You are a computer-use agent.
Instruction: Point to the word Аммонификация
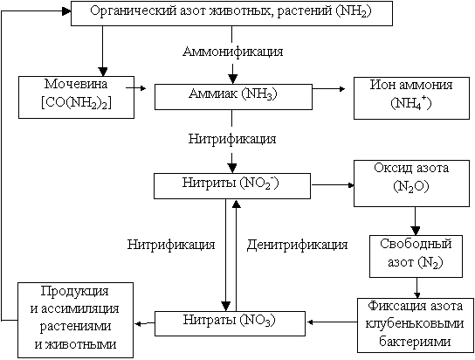coord(233,52)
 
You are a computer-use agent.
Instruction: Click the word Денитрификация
coord(297,245)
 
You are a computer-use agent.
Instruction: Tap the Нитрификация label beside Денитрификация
coord(171,245)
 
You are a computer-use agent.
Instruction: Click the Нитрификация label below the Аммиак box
coord(232,139)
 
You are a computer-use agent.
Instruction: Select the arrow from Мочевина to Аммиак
coord(136,88)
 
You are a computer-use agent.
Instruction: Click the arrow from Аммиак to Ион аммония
coord(328,89)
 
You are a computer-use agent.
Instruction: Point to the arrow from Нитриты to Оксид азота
coord(333,185)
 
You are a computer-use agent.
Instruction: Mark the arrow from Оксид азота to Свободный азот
coord(415,221)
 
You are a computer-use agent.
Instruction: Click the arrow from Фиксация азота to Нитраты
coord(332,322)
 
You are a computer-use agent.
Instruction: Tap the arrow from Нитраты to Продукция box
coord(144,323)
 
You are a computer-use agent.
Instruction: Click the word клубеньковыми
coord(415,324)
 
